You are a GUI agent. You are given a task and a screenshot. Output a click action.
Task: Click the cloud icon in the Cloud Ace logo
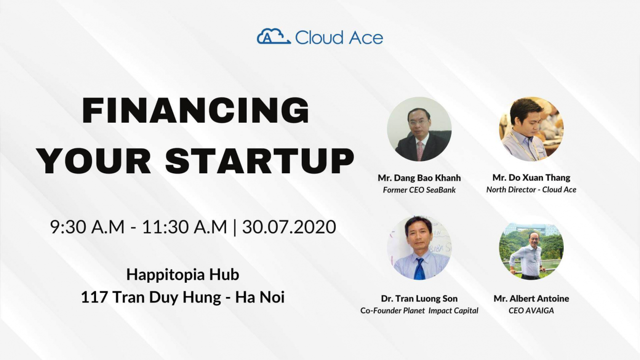pos(274,36)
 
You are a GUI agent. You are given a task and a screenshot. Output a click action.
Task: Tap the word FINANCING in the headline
pos(195,110)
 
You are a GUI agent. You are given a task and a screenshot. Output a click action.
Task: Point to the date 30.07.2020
pos(289,227)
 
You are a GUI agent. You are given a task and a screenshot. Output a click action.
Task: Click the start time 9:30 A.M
pos(88,227)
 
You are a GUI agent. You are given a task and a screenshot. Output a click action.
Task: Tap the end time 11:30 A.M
pos(185,227)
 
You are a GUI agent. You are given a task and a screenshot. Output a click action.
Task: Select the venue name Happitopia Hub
pos(183,275)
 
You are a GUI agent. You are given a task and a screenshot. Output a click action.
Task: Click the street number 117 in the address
pos(94,297)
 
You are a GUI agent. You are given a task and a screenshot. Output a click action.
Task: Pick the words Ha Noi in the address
pos(260,297)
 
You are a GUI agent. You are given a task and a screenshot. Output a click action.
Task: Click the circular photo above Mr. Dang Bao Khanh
pos(419,129)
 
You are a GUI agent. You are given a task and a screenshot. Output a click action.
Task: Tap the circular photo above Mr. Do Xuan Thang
pos(531,129)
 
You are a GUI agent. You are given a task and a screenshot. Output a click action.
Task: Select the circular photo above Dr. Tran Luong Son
pos(419,248)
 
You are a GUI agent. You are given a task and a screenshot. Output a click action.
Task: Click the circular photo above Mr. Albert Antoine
pos(531,248)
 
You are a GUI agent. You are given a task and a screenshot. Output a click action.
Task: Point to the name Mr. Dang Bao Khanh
pos(419,178)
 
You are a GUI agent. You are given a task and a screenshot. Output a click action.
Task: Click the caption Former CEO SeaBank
pos(419,190)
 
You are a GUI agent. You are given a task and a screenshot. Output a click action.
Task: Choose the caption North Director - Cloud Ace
pos(531,190)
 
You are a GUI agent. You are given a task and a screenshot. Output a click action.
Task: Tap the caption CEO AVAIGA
pos(531,311)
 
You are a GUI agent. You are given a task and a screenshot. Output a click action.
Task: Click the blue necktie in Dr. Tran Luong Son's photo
pos(419,269)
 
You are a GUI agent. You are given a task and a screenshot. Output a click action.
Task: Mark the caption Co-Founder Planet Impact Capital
pos(419,311)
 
